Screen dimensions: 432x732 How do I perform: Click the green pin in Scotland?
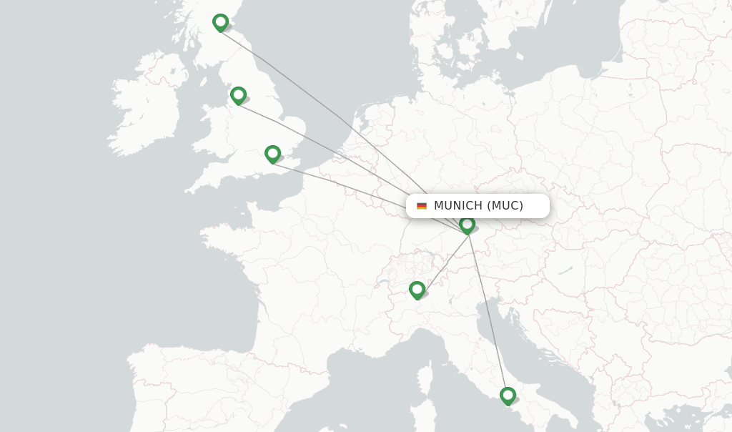[220, 22]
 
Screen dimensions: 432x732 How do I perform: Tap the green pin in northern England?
[238, 95]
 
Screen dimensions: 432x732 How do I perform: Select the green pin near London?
[272, 154]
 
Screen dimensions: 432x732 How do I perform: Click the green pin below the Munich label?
[468, 225]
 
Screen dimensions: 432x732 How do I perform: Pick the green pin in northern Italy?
[417, 290]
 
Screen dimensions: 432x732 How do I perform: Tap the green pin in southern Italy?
[508, 396]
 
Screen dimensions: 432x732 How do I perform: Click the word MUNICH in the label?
[458, 206]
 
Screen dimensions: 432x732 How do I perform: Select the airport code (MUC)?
[505, 206]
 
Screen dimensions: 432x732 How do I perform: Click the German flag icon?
[422, 206]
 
